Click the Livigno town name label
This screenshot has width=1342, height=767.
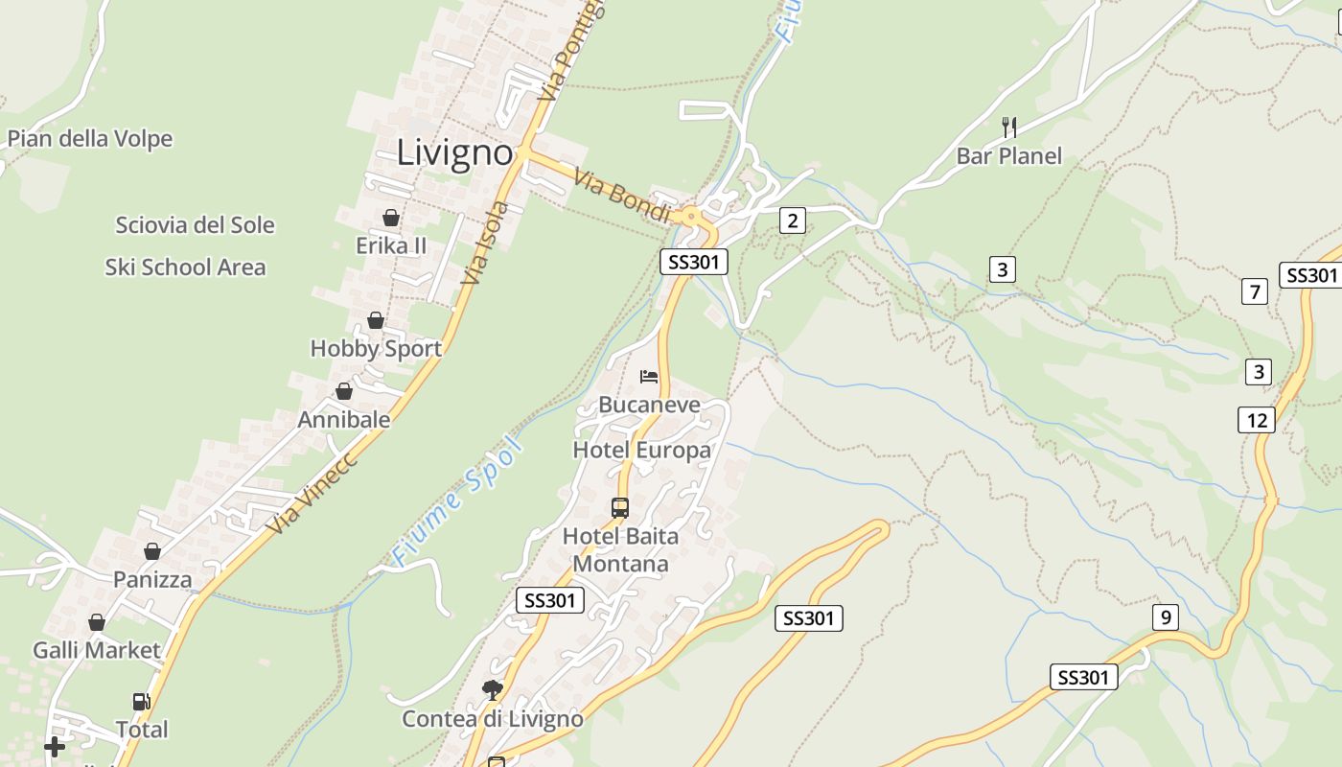click(454, 152)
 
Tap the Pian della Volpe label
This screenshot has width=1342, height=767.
click(90, 139)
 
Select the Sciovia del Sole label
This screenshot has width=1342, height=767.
click(195, 225)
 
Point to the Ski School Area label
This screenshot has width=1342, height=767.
click(185, 267)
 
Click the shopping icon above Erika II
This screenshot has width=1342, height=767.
click(390, 218)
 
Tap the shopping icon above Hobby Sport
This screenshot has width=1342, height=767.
click(376, 320)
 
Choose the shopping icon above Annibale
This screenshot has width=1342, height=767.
click(344, 391)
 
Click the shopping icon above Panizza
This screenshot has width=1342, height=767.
click(152, 551)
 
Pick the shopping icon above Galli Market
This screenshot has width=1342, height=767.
click(97, 622)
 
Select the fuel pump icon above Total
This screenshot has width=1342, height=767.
click(142, 702)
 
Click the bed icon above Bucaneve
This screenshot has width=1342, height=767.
click(649, 376)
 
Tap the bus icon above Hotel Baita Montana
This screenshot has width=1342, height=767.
click(620, 507)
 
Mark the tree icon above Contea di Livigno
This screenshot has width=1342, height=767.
click(492, 689)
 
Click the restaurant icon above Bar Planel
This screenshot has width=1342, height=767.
click(1008, 127)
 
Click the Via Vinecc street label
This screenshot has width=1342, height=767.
click(312, 493)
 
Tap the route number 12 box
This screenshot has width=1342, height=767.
click(1258, 420)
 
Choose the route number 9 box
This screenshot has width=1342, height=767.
click(1166, 617)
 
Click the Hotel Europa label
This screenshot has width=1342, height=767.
click(641, 450)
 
